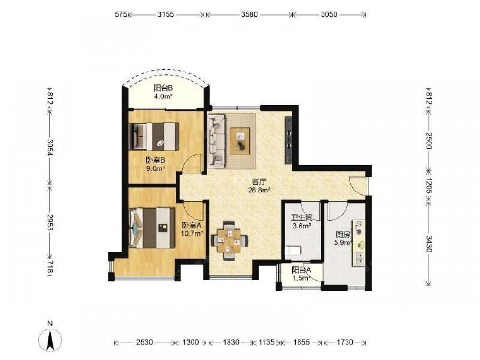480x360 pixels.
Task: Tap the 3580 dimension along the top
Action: [x=249, y=14]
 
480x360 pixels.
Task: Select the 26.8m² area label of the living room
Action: [x=259, y=190]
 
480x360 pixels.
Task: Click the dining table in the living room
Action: [x=229, y=240]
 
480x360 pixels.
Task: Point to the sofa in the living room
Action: [x=216, y=141]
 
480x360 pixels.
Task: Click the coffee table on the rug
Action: [x=240, y=141]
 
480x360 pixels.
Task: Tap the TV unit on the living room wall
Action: [x=288, y=140]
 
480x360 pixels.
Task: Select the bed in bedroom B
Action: [x=154, y=136]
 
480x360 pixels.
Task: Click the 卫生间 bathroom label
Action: [x=301, y=218]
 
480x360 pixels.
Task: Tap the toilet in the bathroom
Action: [x=293, y=251]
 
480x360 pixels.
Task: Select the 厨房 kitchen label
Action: [x=343, y=235]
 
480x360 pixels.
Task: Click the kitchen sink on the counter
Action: [x=360, y=258]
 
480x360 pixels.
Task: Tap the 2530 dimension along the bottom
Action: [x=144, y=342]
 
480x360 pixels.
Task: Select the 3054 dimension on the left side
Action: [x=50, y=147]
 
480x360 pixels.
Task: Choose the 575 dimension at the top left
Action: [x=120, y=14]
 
